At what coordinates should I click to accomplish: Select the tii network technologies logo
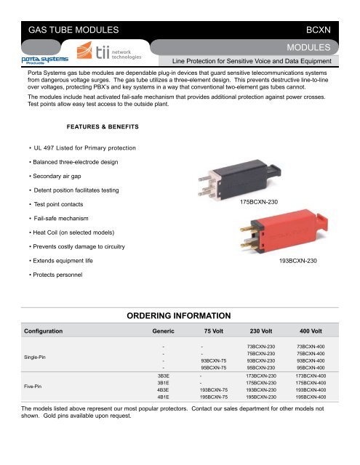[x=113, y=54]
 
